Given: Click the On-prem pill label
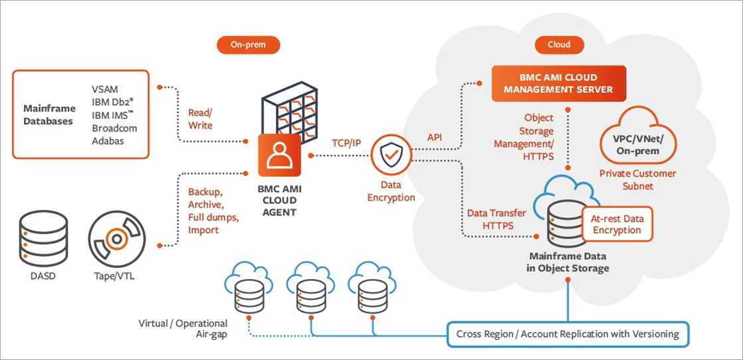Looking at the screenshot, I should pyautogui.click(x=248, y=45).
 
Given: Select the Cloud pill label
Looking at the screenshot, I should pyautogui.click(x=558, y=45).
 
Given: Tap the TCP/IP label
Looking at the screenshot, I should pyautogui.click(x=346, y=143).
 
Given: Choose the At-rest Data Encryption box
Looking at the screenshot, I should pyautogui.click(x=617, y=224).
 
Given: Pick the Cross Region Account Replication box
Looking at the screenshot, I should pyautogui.click(x=568, y=333).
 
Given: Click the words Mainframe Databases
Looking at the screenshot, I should pyautogui.click(x=48, y=114).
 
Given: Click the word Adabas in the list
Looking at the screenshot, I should pyautogui.click(x=108, y=141).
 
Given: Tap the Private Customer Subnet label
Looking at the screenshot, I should pyautogui.click(x=637, y=179).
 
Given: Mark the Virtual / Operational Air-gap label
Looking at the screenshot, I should pyautogui.click(x=182, y=329).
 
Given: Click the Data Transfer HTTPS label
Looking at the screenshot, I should pyautogui.click(x=496, y=219).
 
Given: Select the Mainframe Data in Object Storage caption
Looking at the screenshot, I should pyautogui.click(x=568, y=262).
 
